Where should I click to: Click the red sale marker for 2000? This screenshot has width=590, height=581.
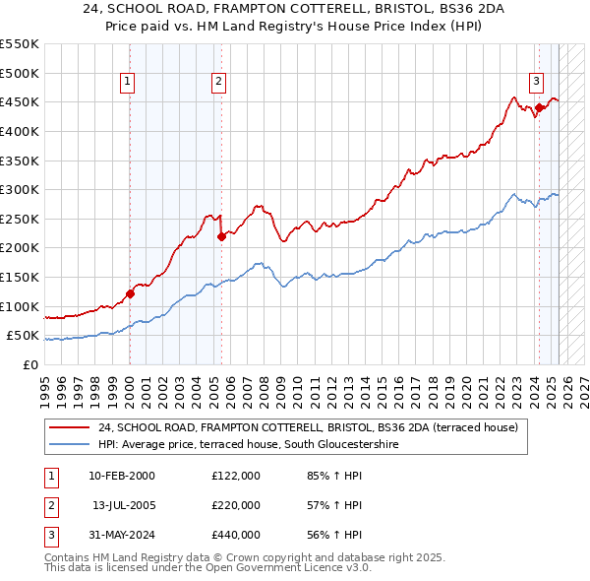coord(130,293)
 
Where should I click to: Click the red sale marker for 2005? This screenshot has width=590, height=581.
coord(221,236)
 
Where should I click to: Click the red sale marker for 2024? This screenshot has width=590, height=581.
coord(539,108)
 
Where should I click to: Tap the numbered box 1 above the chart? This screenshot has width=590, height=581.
coord(129,82)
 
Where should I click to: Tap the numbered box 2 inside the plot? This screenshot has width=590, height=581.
coord(218,82)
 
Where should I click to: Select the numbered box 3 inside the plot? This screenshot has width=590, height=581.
coord(536,82)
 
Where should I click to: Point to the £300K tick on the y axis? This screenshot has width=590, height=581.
coord(21,189)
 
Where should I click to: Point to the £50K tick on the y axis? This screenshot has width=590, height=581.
coord(24,336)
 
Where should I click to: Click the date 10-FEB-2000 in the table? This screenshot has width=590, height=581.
coord(121,476)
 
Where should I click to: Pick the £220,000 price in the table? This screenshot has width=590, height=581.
coord(236,505)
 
